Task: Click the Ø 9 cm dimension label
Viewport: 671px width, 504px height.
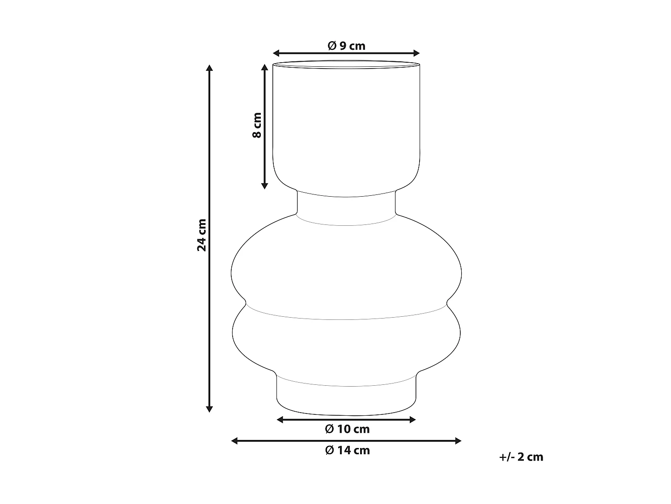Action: (x=346, y=46)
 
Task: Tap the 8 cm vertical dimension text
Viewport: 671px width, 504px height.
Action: (x=256, y=125)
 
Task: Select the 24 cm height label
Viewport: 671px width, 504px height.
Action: (x=202, y=235)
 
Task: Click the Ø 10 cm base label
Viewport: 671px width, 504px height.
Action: (x=347, y=429)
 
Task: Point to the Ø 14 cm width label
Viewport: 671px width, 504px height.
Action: (x=347, y=450)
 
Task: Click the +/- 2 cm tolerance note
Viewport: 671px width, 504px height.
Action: (x=521, y=457)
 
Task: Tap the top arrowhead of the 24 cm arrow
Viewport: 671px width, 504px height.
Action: (x=209, y=68)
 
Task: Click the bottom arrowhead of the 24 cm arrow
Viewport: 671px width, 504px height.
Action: (x=209, y=409)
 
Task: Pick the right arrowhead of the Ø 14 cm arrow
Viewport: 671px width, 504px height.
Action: (x=458, y=441)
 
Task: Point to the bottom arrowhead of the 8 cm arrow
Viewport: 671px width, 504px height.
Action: (x=264, y=185)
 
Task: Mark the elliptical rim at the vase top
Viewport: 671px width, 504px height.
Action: (x=346, y=65)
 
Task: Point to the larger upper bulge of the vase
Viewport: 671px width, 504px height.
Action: (x=346, y=269)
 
